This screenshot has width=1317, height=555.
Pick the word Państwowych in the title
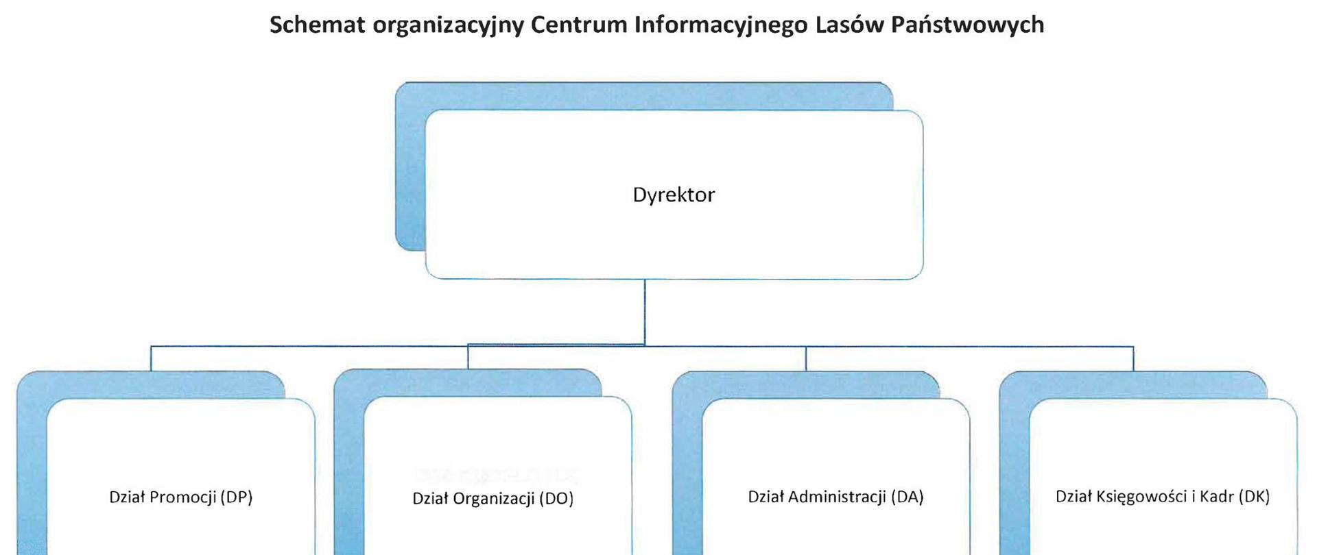967,25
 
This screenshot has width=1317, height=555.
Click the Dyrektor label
674,195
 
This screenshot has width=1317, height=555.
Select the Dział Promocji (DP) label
181,497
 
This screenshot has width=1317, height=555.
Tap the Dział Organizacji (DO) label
493,498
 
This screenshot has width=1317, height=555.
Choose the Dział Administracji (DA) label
835,497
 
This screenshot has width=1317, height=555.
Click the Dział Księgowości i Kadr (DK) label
1163,497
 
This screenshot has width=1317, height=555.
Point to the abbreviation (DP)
237,497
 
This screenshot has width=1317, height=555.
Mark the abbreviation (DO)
556,498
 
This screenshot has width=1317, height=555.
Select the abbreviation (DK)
1253,497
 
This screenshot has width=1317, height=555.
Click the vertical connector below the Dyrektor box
645,312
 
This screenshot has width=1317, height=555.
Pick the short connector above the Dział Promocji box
151,358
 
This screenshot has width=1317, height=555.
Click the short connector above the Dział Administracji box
806,358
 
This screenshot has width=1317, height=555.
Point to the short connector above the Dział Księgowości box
1133,358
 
